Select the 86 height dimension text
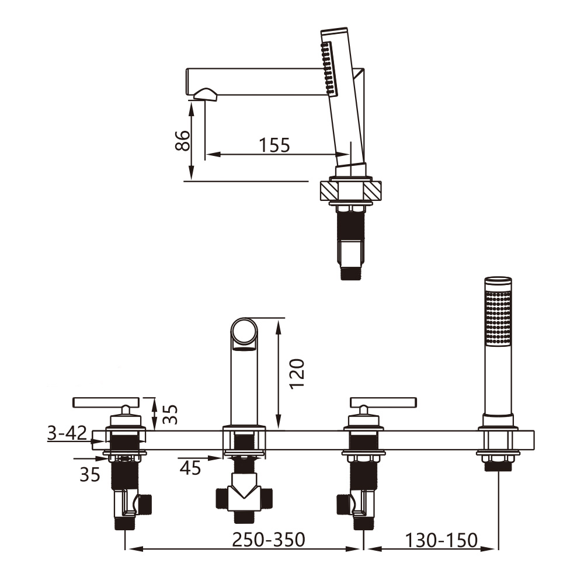point(183,140)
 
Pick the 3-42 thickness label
point(67,433)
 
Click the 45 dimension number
point(190,467)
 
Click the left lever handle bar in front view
point(105,401)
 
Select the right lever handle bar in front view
point(383,401)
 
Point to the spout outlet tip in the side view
point(202,93)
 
